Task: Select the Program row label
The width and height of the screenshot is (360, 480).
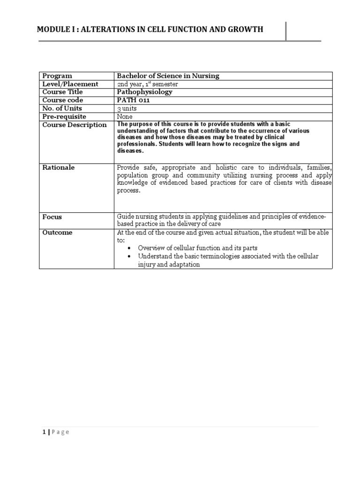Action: pos(57,76)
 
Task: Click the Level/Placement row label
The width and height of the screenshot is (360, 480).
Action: pos(70,84)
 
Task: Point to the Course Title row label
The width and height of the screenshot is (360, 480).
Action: pos(62,92)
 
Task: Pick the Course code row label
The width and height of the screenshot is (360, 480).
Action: pos(63,100)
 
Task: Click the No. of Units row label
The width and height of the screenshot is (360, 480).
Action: pos(62,108)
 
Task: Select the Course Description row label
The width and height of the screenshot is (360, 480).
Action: pos(75,125)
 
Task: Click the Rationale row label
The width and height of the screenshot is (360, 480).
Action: pos(59,167)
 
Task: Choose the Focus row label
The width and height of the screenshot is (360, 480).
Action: pos(52,217)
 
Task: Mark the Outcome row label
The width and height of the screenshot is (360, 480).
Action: pos(58,232)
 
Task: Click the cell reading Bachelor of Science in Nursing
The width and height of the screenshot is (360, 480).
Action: pos(168,76)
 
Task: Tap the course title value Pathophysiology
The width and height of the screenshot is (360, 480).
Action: pos(145,92)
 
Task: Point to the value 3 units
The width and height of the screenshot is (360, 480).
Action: pos(127,108)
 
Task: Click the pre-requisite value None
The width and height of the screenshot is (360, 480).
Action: pos(125,116)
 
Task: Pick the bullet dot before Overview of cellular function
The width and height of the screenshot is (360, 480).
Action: pos(129,248)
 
